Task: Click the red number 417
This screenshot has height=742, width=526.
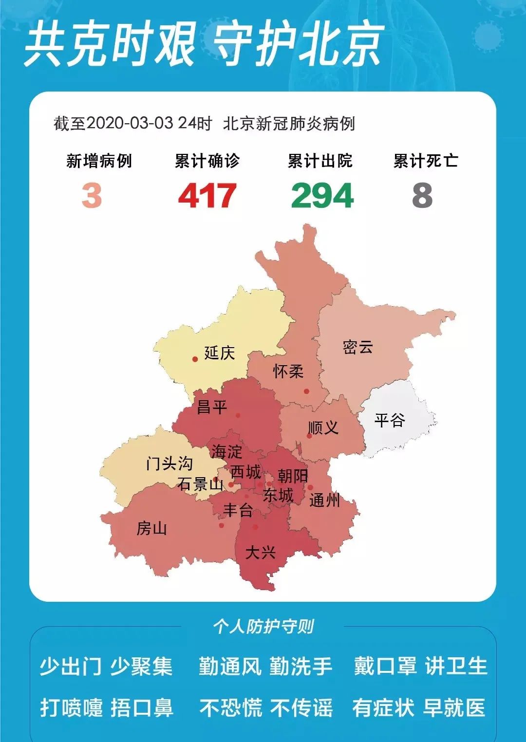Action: [x=207, y=196]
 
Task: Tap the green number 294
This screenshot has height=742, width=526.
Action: [x=322, y=196]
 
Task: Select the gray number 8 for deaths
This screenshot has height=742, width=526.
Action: [x=422, y=196]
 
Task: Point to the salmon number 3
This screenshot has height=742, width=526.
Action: [x=92, y=196]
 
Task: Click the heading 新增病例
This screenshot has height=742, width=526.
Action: [x=99, y=161]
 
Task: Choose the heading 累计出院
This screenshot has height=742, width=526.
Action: [x=320, y=161]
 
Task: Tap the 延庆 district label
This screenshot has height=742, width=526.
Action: [x=219, y=352]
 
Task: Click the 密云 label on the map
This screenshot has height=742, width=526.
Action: [x=357, y=347]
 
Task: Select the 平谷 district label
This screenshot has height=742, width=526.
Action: [x=390, y=420]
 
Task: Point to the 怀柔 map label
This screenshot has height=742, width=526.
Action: [x=288, y=371]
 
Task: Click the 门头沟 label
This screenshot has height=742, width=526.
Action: [x=169, y=463]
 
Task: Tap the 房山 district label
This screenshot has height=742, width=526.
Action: [x=151, y=528]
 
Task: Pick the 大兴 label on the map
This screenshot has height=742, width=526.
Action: [x=260, y=553]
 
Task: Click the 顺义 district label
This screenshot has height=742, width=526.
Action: [x=323, y=428]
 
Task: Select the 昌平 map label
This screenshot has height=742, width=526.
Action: [x=212, y=407]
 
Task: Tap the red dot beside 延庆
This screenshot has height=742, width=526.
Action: [x=195, y=359]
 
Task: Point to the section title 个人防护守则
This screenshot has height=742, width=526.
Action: [x=263, y=626]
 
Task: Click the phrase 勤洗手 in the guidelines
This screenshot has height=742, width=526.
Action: [x=301, y=666]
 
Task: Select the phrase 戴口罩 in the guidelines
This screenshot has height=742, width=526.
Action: [x=385, y=666]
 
